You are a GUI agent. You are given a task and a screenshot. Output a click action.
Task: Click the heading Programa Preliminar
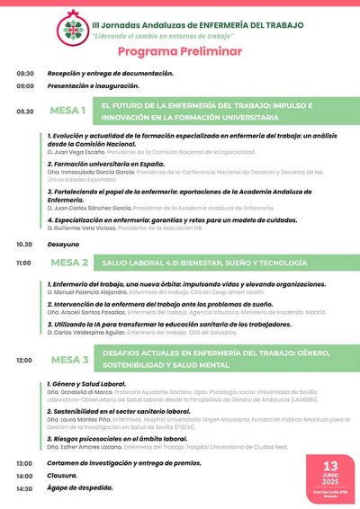pyautogui.click(x=180, y=53)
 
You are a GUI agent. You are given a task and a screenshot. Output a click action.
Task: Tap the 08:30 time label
pyautogui.click(x=24, y=73)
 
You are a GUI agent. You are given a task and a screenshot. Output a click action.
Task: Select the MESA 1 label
pyautogui.click(x=68, y=111)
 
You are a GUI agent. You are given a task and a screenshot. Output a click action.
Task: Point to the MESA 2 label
pyautogui.click(x=68, y=263)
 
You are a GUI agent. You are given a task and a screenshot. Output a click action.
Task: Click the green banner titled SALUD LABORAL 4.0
pyautogui.click(x=216, y=263)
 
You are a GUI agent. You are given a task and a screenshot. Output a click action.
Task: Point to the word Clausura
pyautogui.click(x=63, y=476)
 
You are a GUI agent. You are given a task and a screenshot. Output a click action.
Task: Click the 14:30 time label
pyautogui.click(x=24, y=488)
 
